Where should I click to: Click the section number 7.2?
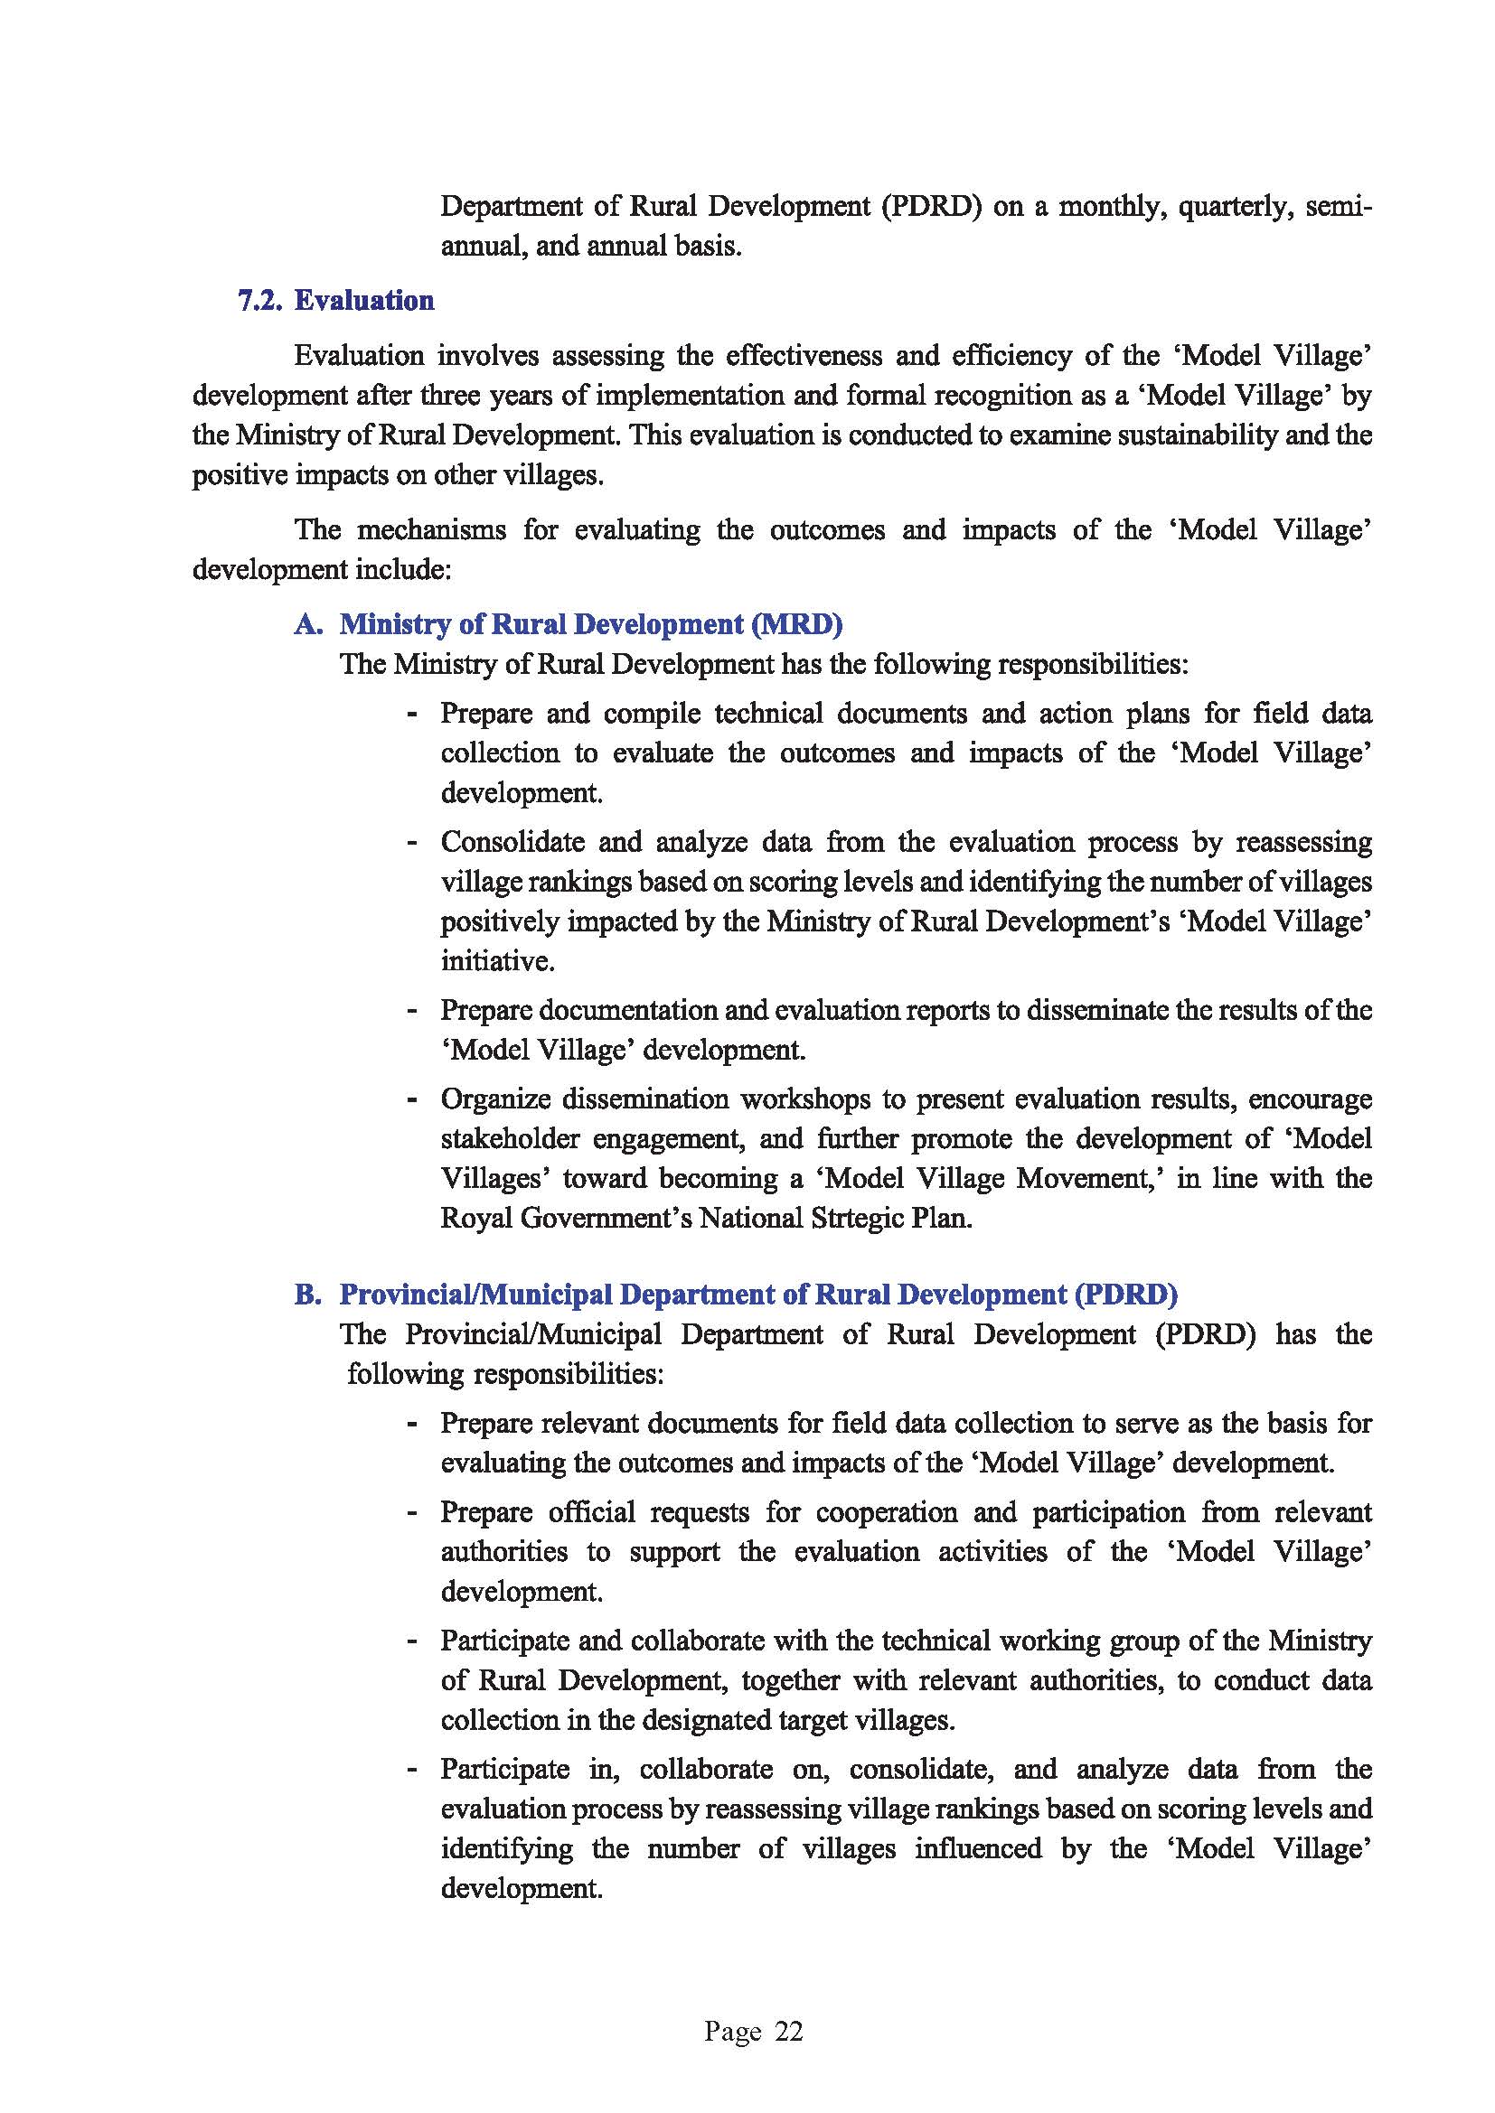[260, 301]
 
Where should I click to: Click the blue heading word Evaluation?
[364, 301]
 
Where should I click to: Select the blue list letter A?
[307, 624]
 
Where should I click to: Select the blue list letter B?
[307, 1294]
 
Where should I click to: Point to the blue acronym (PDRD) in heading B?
[1125, 1294]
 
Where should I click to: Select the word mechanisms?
[431, 530]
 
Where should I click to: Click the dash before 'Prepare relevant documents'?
[413, 1424]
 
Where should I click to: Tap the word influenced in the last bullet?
[979, 1848]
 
